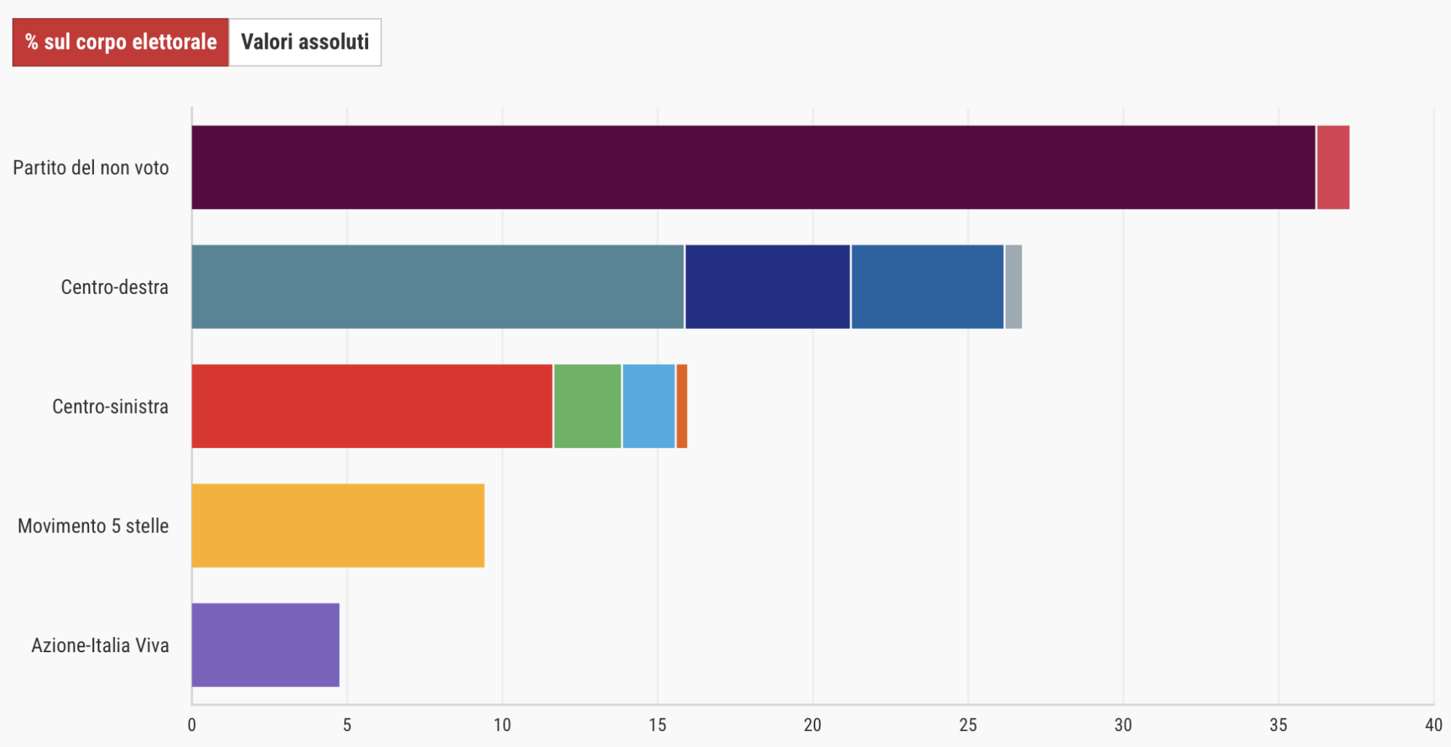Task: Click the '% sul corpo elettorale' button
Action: click(120, 42)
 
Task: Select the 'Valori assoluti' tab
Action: click(305, 42)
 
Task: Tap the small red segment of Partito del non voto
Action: click(1333, 167)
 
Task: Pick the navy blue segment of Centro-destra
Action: click(768, 287)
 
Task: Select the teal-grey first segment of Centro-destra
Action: click(437, 287)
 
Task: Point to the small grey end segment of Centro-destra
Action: click(1014, 287)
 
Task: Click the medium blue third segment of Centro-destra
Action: click(927, 287)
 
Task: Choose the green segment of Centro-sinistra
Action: click(588, 406)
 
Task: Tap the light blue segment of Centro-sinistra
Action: click(649, 406)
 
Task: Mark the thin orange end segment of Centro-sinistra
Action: click(682, 406)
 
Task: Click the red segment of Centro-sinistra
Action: click(372, 406)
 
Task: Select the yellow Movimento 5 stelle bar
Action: click(338, 525)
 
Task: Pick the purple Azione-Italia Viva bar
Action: click(265, 645)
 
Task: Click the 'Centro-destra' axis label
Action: click(114, 287)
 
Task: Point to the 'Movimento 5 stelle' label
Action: click(93, 526)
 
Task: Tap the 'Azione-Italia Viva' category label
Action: click(100, 646)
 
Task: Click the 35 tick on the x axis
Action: click(1278, 725)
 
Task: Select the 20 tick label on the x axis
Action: click(812, 725)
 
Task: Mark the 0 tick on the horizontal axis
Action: click(192, 725)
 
